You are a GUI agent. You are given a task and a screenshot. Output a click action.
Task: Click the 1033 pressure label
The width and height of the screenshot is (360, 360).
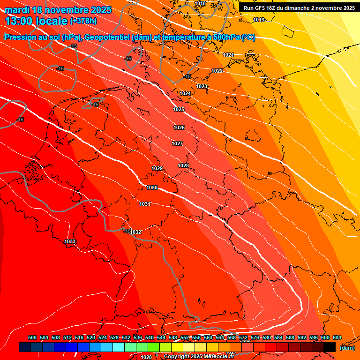70,241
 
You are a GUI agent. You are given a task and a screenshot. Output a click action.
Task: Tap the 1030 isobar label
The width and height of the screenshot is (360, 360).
152,187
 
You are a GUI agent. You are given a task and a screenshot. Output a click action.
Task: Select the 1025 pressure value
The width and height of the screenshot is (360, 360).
179,109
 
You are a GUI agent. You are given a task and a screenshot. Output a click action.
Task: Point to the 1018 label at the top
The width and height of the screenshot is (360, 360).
200,3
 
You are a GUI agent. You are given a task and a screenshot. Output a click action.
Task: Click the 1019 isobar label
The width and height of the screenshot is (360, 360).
259,20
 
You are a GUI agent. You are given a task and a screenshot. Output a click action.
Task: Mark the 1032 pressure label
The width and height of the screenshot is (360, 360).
136,232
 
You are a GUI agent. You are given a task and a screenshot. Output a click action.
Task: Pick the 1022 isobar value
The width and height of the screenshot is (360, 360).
217,71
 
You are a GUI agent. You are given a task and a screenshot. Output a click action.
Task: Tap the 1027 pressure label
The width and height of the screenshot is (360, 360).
177,143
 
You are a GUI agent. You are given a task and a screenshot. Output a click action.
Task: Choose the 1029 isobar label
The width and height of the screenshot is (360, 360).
157,168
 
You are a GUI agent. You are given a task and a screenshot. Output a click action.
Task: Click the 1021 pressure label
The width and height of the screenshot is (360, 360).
228,55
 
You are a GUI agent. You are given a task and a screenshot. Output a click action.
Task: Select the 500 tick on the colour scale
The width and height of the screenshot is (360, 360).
32,337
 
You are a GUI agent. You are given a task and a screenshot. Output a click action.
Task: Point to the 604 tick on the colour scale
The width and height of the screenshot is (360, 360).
337,337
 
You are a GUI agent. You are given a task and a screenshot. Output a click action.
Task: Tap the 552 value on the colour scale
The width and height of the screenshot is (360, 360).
185,337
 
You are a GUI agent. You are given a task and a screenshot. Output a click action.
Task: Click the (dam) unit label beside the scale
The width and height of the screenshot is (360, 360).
347,347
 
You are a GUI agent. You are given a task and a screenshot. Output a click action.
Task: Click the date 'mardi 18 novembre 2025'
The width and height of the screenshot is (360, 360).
58,10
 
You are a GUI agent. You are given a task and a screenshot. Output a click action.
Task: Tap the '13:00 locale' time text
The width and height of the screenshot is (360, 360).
37,21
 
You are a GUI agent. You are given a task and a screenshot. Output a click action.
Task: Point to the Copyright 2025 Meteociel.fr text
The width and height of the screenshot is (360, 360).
199,357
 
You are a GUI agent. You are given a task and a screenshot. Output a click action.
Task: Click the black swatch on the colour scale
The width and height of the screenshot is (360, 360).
330,347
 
